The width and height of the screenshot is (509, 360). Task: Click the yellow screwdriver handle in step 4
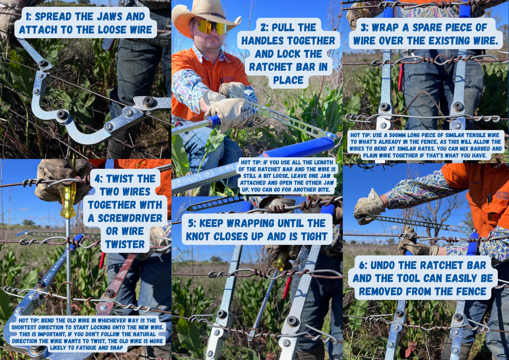pyautogui.click(x=68, y=200)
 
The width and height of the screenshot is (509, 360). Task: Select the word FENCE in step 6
pyautogui.click(x=463, y=292)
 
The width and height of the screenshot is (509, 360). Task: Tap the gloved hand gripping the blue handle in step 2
pyautogui.click(x=230, y=111)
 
